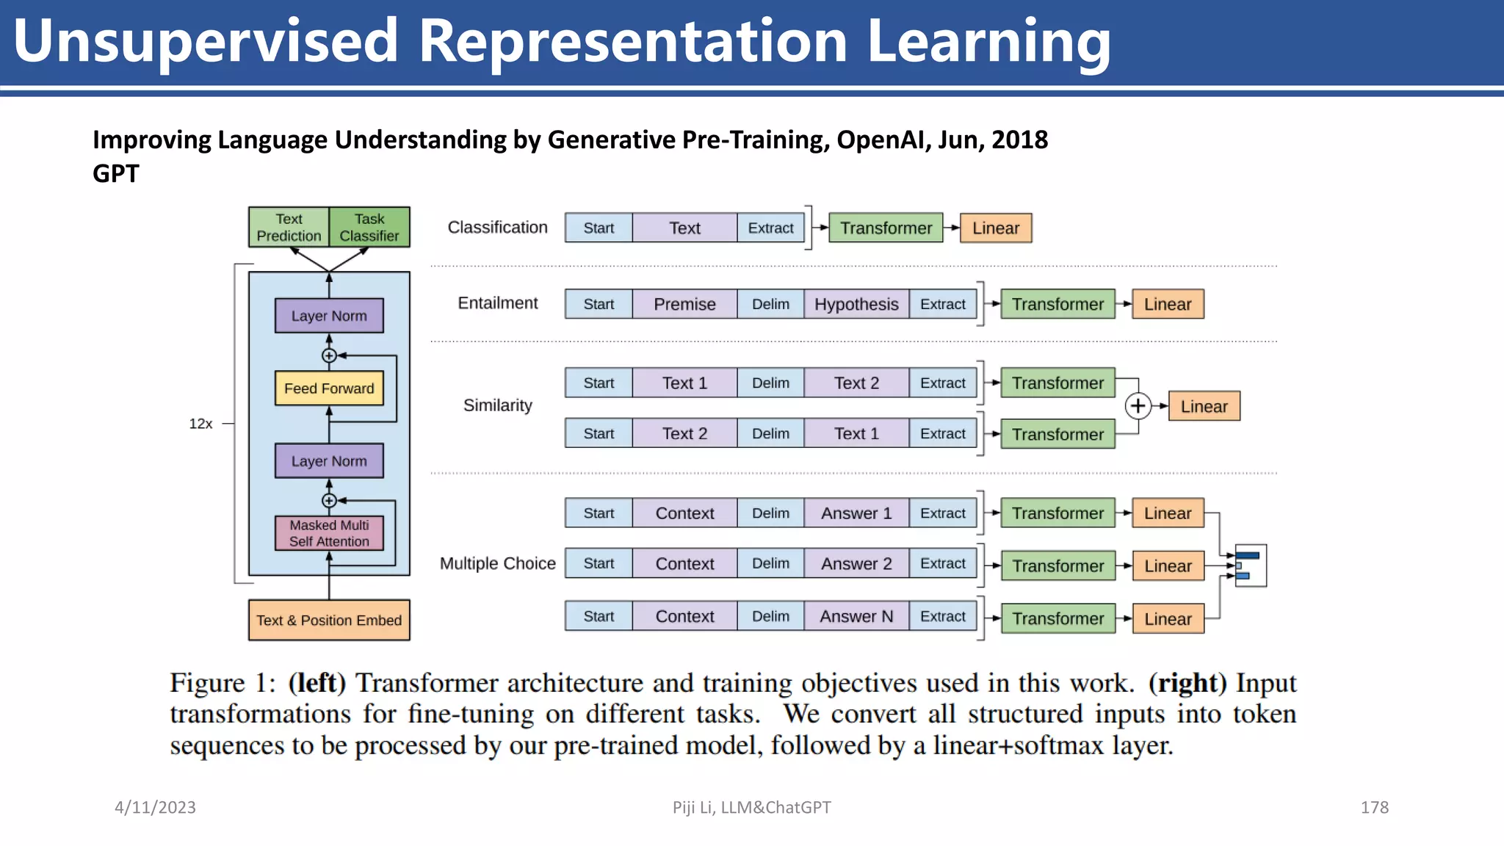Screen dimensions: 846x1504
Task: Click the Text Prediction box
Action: tap(289, 227)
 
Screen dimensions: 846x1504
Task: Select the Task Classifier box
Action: tap(369, 227)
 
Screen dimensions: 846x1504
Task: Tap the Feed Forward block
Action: tap(329, 388)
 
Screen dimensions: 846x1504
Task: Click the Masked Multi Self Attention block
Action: tap(329, 533)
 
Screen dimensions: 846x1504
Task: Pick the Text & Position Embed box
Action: tap(329, 621)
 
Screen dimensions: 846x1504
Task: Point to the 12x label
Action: tap(200, 424)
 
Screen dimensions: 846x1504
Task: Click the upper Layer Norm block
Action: tap(329, 316)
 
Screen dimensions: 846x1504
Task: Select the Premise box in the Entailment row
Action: tap(684, 304)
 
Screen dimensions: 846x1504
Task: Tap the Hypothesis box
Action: tap(856, 304)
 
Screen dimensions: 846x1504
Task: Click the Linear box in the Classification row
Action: tap(996, 228)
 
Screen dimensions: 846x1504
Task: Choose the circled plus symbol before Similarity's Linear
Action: tap(1138, 406)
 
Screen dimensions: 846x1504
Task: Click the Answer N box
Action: tap(856, 616)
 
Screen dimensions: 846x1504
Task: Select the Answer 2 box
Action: tap(856, 563)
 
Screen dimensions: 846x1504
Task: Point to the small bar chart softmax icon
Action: tap(1250, 565)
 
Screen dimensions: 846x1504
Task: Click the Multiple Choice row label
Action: tap(497, 563)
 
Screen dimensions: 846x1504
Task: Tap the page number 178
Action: tap(1374, 807)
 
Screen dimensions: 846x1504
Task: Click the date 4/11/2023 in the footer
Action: tap(155, 807)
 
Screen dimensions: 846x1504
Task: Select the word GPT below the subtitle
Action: tap(116, 174)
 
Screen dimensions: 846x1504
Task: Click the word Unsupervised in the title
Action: tap(206, 41)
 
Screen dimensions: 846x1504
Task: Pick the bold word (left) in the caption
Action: tap(317, 683)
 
